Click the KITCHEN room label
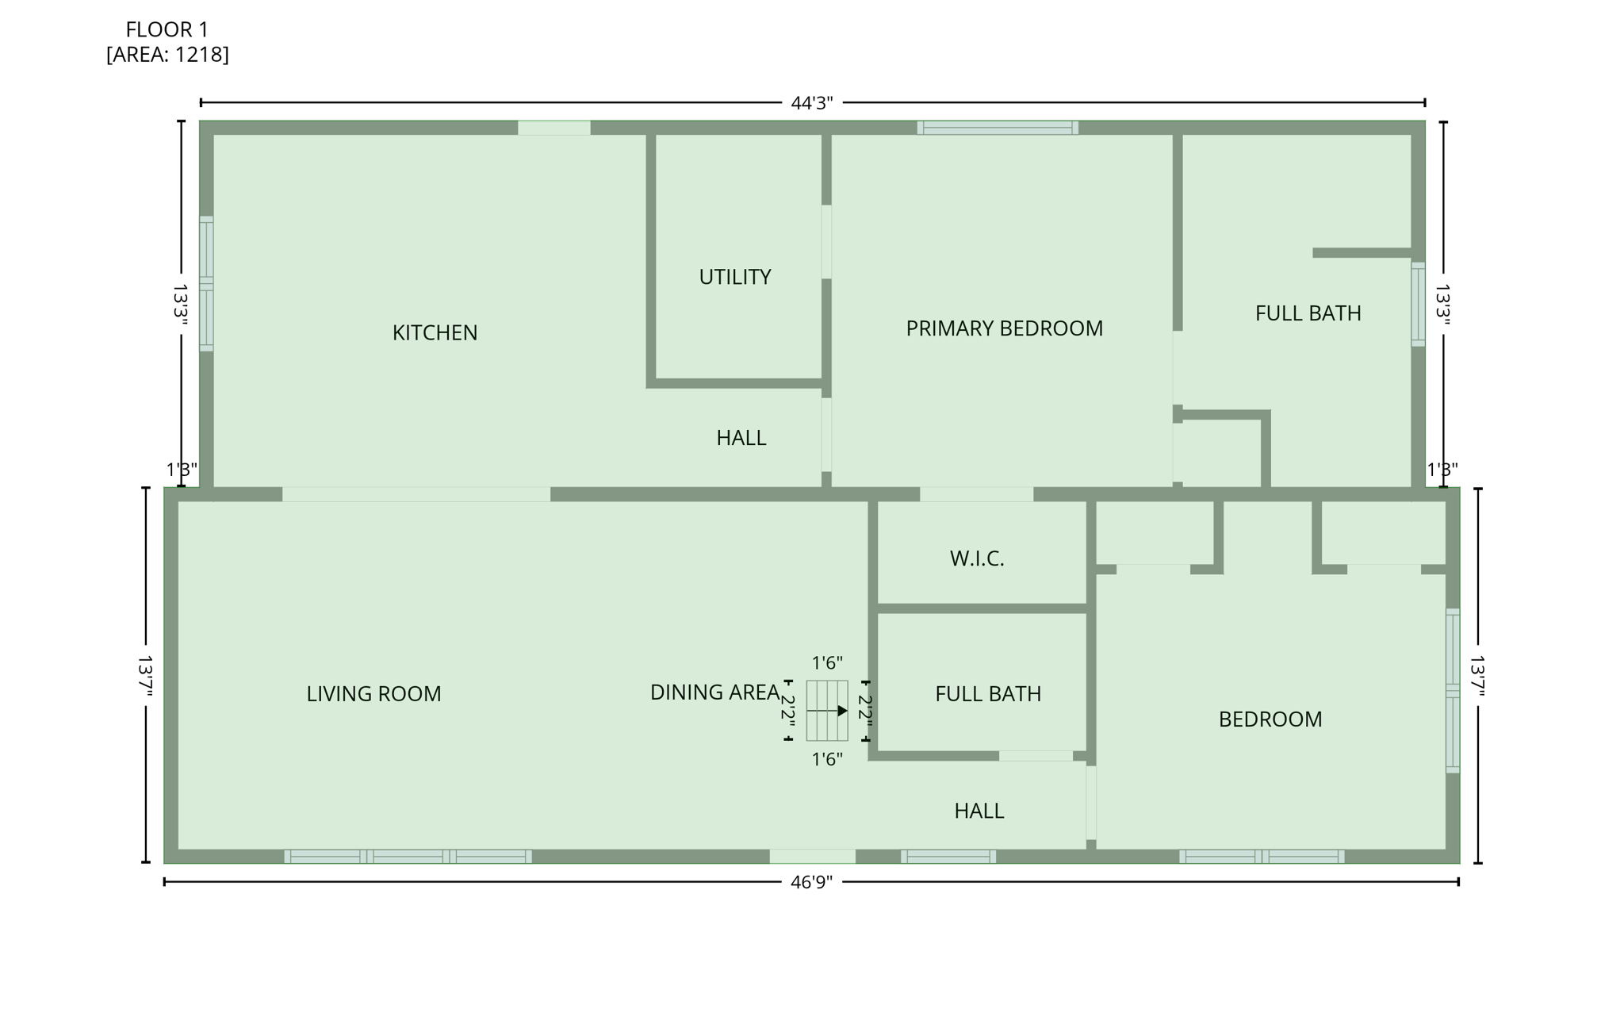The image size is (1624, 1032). point(435,332)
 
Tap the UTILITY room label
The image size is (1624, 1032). point(734,277)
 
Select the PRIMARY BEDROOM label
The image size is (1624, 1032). point(1004,328)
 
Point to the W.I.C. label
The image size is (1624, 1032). point(977,558)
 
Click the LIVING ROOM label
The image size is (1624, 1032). point(373,694)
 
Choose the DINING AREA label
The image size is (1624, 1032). point(714,692)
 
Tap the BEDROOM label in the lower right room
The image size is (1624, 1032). point(1270,719)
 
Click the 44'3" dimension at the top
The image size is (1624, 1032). point(811,103)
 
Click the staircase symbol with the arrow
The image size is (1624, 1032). point(827,711)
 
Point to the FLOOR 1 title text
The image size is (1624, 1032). point(167,30)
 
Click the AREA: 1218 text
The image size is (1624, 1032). point(167,55)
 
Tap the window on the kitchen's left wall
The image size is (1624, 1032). point(206,283)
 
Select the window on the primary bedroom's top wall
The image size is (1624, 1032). point(998,128)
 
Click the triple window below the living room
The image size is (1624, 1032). point(408,857)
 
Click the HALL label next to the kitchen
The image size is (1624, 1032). point(741,438)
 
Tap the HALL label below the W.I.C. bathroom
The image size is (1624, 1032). point(979,811)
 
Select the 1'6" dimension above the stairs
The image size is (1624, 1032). point(826,662)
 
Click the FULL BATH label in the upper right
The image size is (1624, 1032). point(1308,313)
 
